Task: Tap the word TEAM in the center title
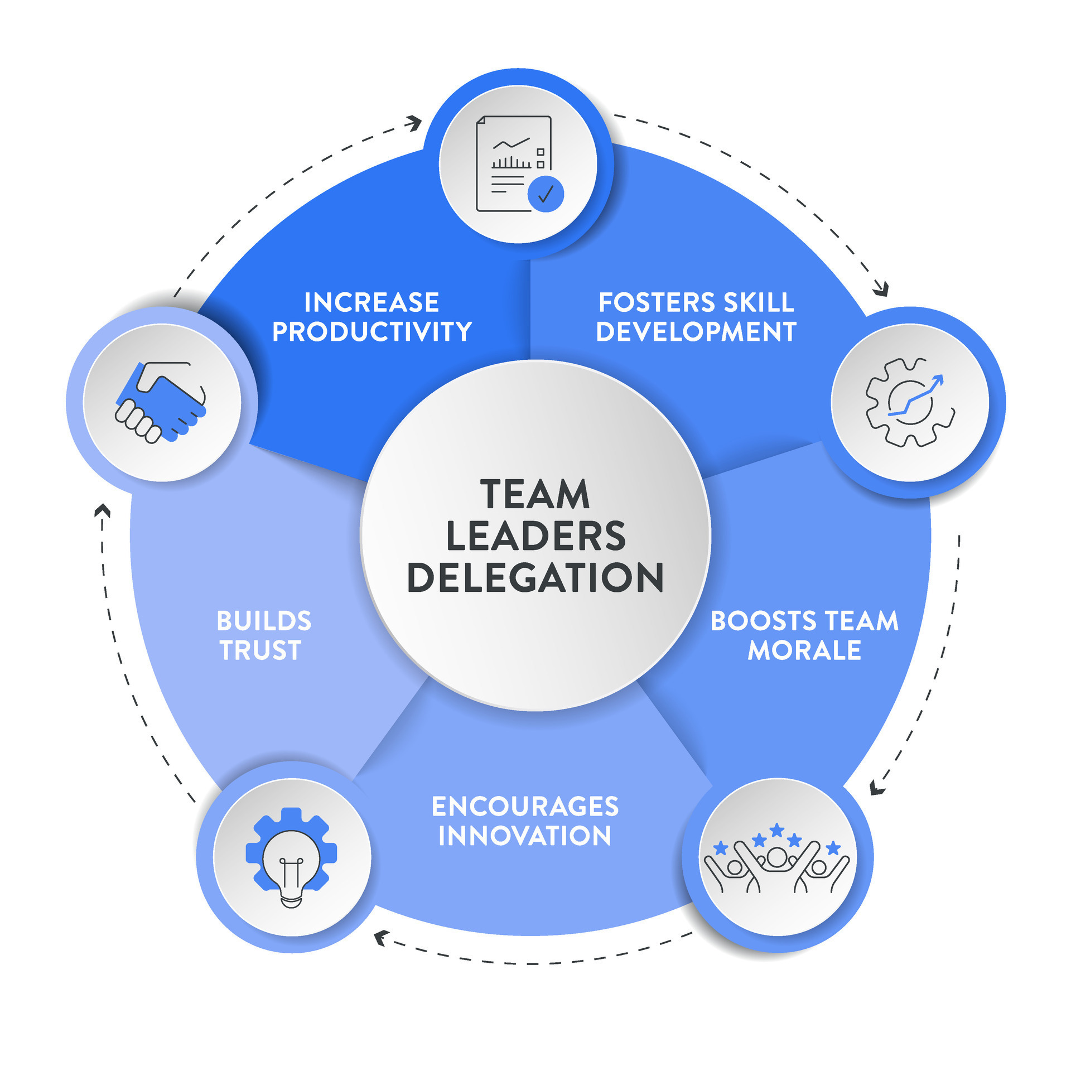pyautogui.click(x=535, y=494)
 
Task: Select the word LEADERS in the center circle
pyautogui.click(x=536, y=535)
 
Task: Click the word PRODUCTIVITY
pyautogui.click(x=372, y=331)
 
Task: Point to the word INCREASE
pyautogui.click(x=372, y=302)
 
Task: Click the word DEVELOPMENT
pyautogui.click(x=696, y=331)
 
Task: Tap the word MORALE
pyautogui.click(x=804, y=650)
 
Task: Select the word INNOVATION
pyautogui.click(x=525, y=836)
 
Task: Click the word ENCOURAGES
pyautogui.click(x=525, y=807)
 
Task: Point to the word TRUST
pyautogui.click(x=260, y=650)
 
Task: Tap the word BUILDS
pyautogui.click(x=264, y=621)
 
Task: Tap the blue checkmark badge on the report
pyautogui.click(x=546, y=194)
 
